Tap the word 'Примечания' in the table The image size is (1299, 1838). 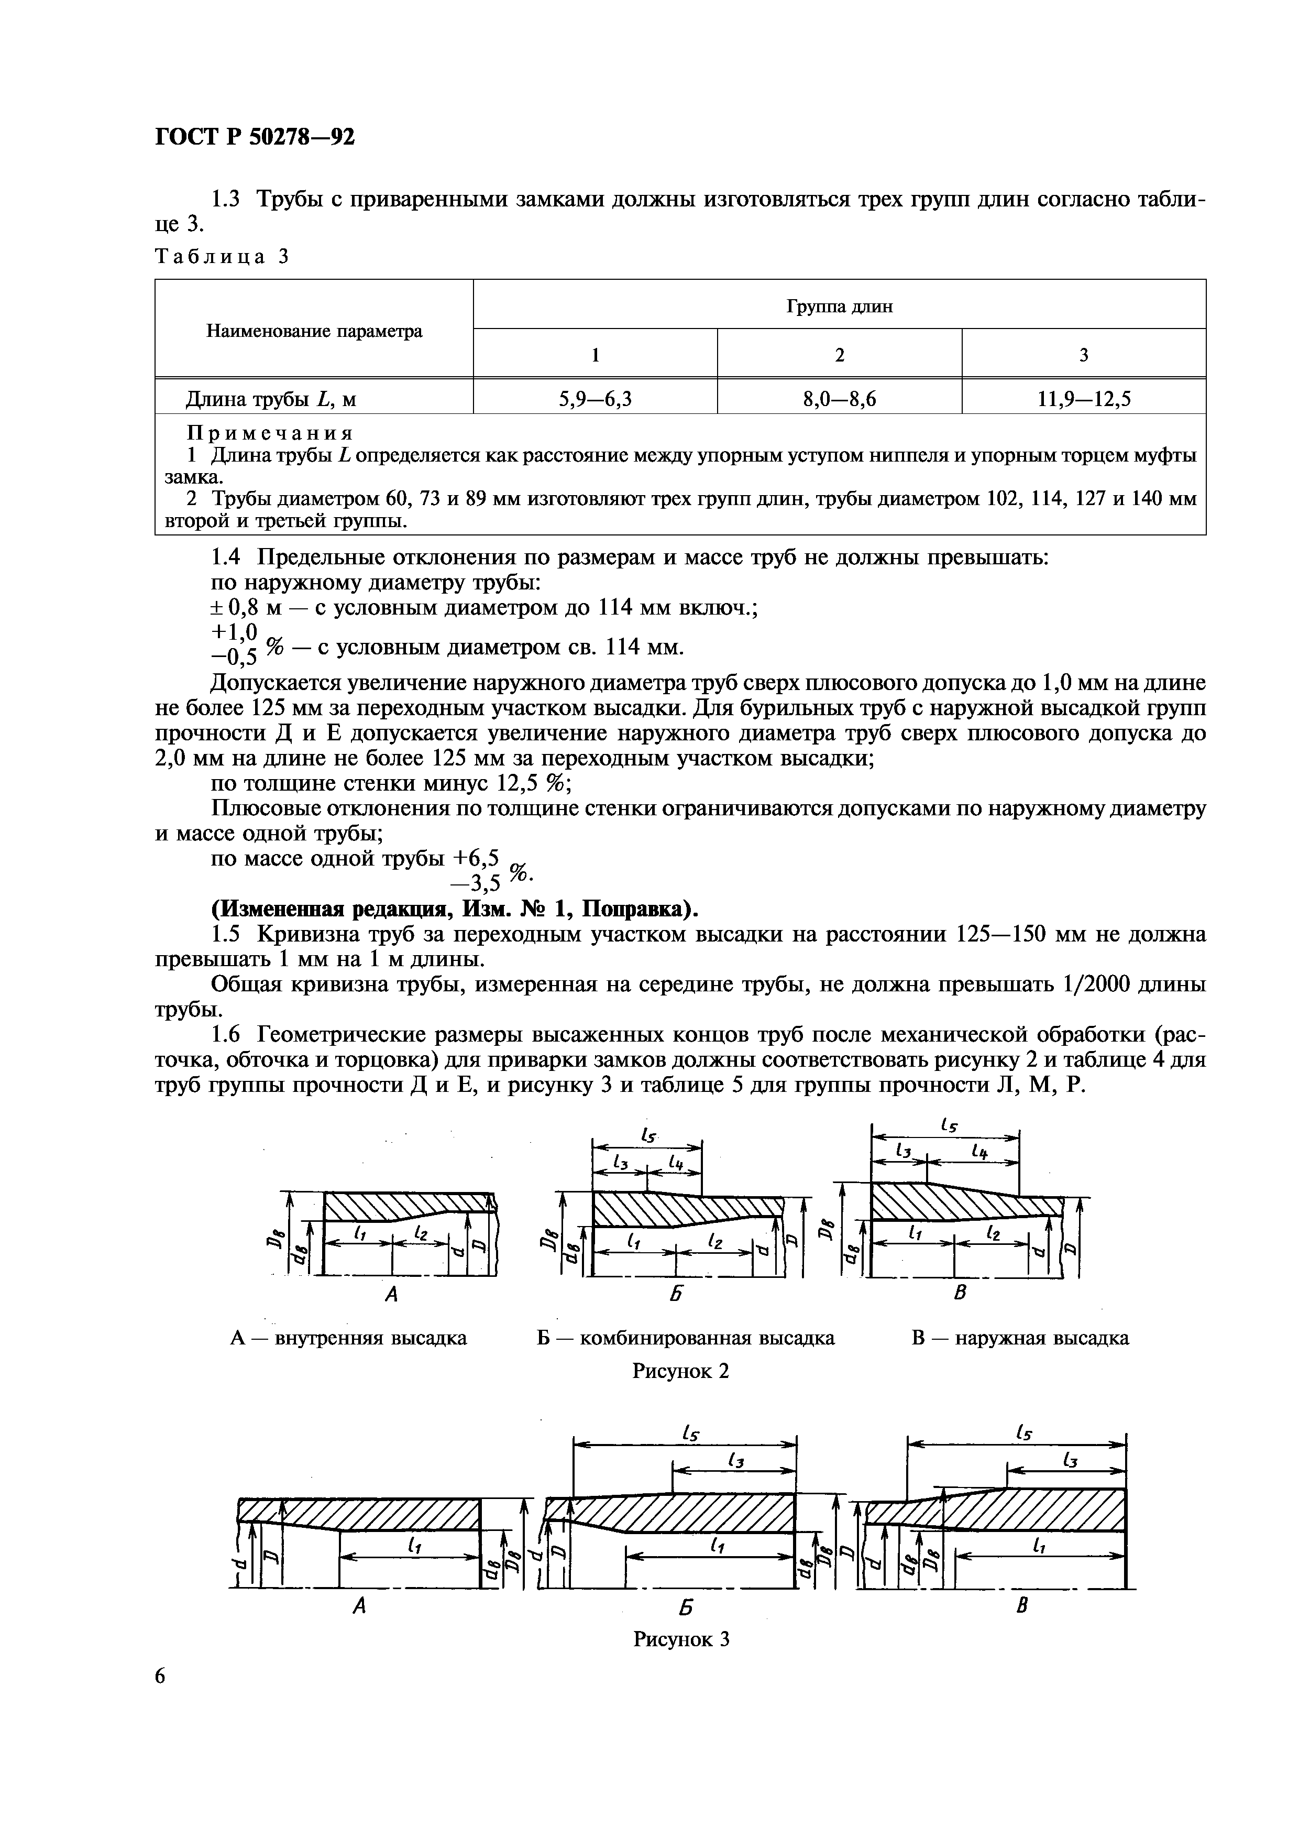pyautogui.click(x=269, y=433)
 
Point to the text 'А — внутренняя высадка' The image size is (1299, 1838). pyautogui.click(x=348, y=1338)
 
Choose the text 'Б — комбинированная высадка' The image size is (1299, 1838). pyautogui.click(x=685, y=1338)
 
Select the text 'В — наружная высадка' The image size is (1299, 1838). pyautogui.click(x=1020, y=1338)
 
